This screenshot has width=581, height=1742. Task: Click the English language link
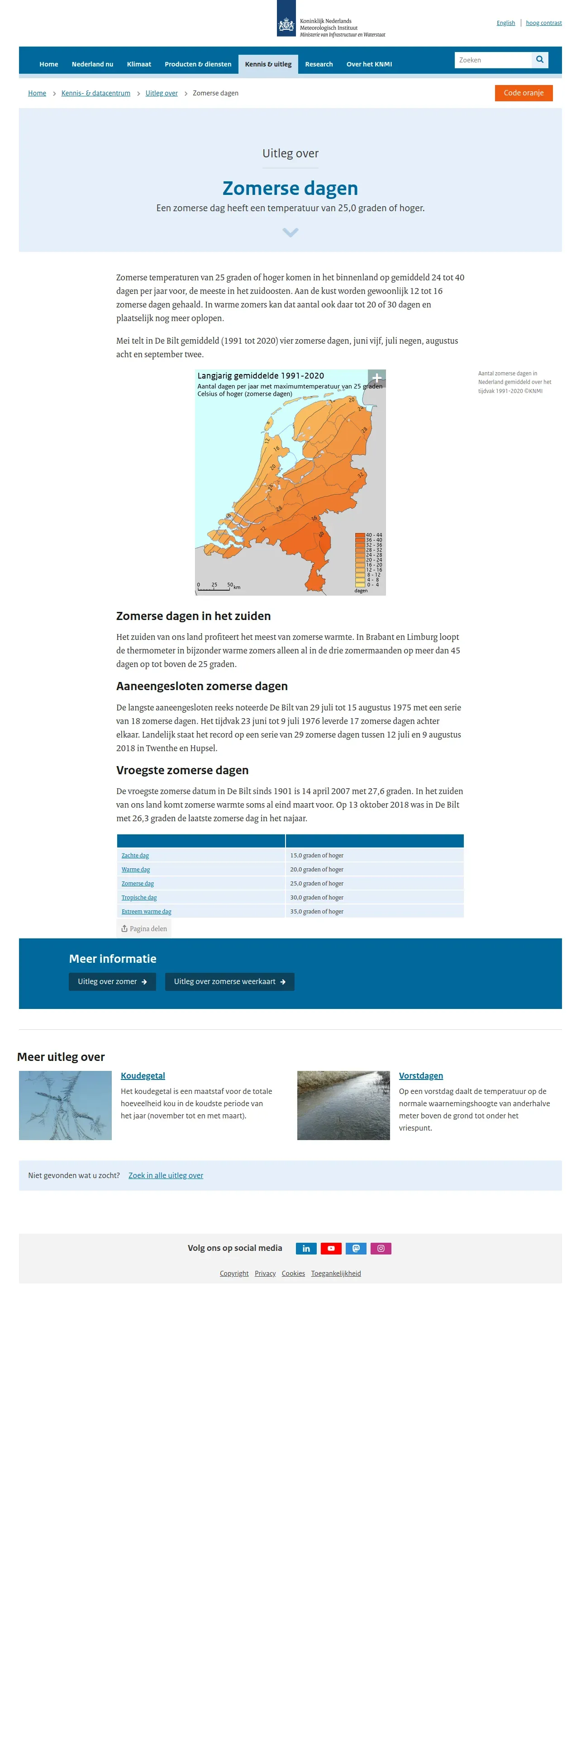tap(505, 23)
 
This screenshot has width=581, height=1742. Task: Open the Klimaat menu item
tap(138, 64)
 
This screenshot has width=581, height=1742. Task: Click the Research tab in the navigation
tap(319, 64)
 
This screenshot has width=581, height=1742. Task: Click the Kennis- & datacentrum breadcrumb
tap(95, 93)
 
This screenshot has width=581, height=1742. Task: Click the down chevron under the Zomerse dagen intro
tap(290, 232)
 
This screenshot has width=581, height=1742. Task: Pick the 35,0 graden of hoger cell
tap(317, 912)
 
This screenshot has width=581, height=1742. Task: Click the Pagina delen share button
tap(144, 928)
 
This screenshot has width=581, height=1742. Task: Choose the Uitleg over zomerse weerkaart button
tap(229, 981)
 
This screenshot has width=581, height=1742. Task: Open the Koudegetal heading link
tap(143, 1075)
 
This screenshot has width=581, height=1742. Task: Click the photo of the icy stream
tap(343, 1105)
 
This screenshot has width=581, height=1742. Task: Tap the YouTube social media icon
tap(331, 1248)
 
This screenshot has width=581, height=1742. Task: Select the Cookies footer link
tap(293, 1273)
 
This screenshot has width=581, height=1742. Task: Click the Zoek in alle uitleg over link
tap(166, 1175)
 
